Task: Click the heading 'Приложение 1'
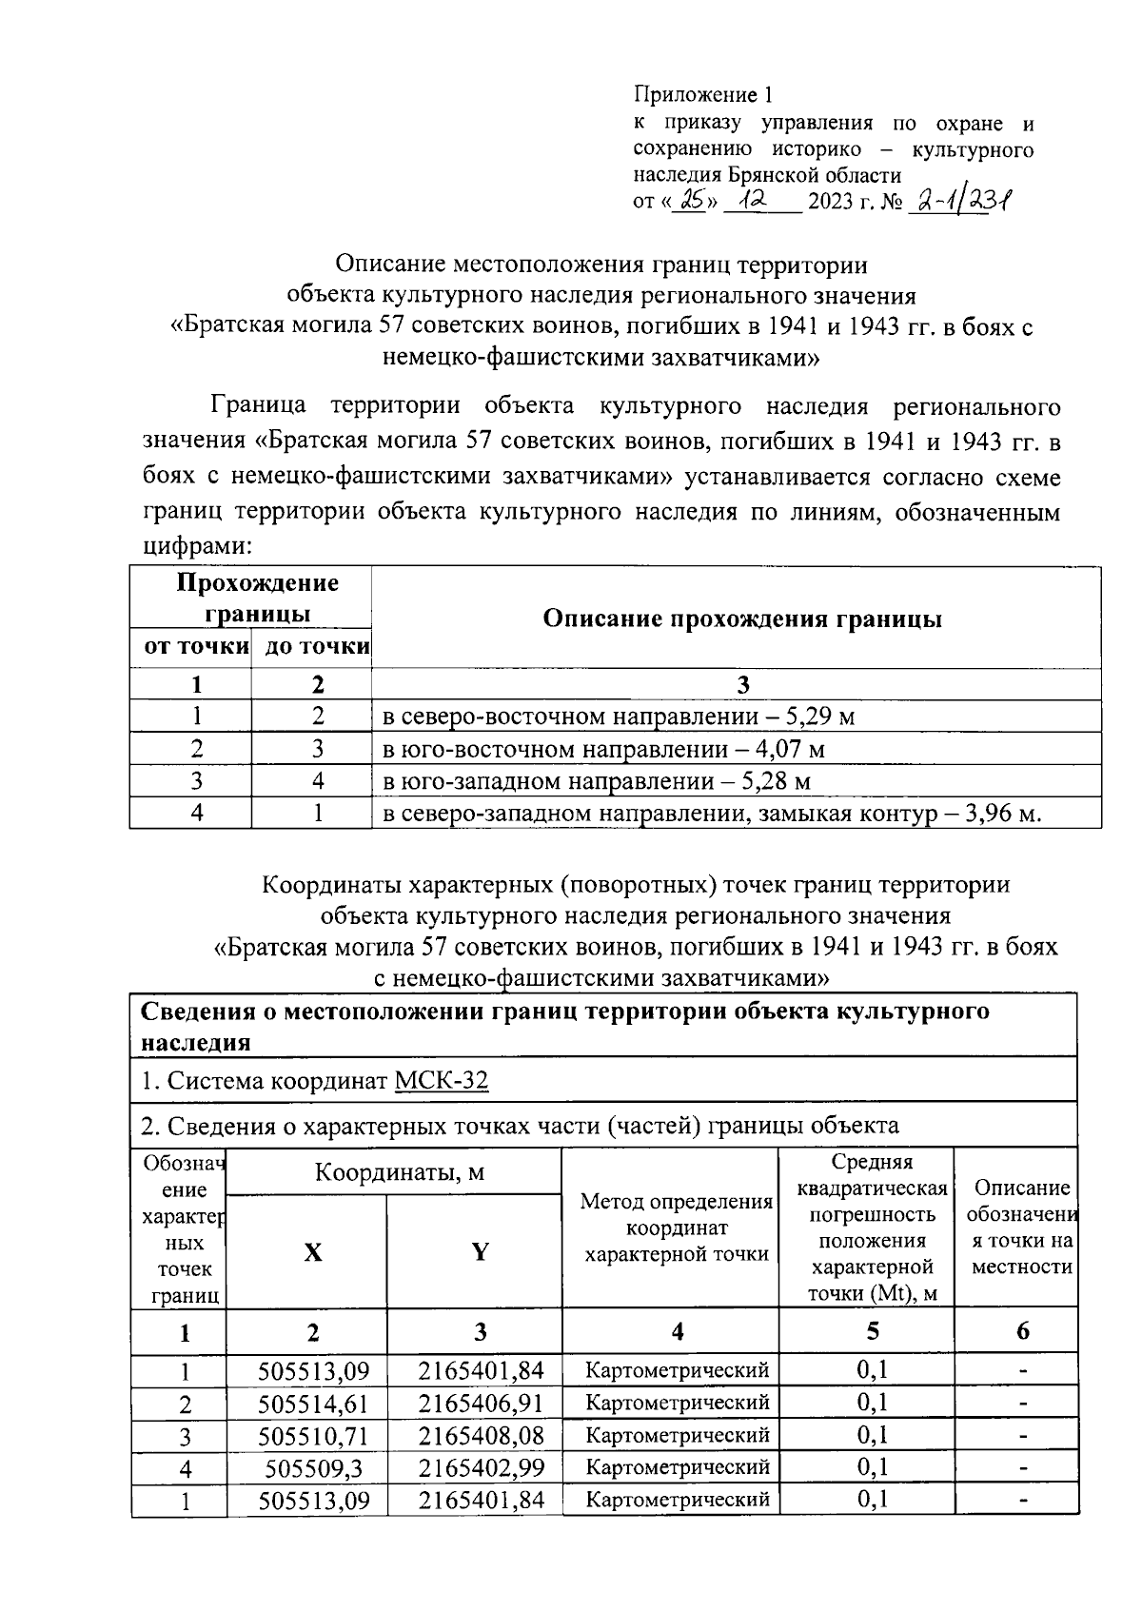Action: click(703, 95)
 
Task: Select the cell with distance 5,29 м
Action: click(618, 717)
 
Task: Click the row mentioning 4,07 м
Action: click(602, 749)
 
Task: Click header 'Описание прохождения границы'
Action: click(741, 619)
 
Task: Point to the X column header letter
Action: click(312, 1253)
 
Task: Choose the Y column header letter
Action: click(480, 1253)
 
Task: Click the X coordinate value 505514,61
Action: click(313, 1404)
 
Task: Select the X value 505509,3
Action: click(313, 1468)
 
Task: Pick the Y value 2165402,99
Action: click(481, 1468)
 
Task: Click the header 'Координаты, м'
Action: click(400, 1172)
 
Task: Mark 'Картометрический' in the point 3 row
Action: click(677, 1435)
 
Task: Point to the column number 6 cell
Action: click(1022, 1331)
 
